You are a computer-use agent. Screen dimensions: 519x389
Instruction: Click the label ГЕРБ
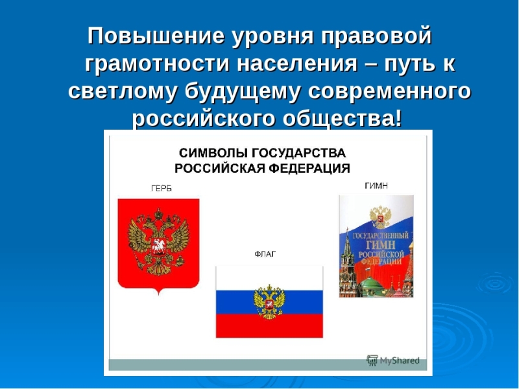[161, 189]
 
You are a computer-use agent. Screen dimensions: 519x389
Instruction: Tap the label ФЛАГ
[265, 254]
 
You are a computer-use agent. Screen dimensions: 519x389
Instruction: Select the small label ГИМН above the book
[376, 186]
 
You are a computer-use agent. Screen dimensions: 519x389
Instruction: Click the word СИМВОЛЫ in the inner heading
[213, 153]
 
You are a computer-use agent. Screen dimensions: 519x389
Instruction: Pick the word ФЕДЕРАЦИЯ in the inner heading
[309, 169]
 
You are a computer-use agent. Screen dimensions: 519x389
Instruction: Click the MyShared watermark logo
[393, 360]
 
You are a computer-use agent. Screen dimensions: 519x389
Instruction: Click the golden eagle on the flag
[269, 301]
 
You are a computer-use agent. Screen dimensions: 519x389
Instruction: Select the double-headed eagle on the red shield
[158, 242]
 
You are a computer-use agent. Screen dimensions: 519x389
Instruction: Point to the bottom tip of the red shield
[158, 294]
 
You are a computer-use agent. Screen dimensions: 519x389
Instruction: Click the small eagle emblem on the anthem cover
[380, 217]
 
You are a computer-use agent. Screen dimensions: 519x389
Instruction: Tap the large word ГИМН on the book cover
[381, 246]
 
